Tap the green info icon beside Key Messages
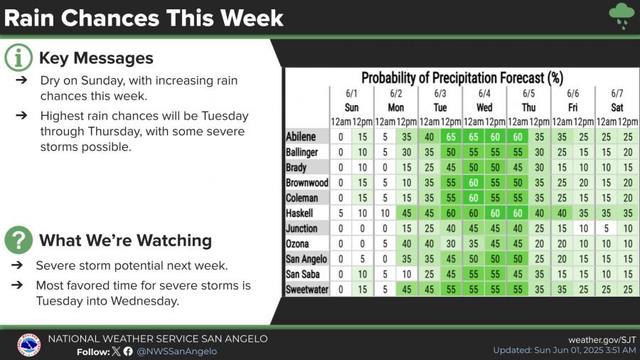point(18,58)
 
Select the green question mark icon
point(18,240)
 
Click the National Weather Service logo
point(28,345)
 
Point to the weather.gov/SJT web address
point(601,339)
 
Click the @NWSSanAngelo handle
point(177,351)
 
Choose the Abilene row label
point(302,137)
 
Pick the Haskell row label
point(300,213)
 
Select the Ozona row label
point(299,244)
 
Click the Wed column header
point(484,107)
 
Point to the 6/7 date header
point(617,94)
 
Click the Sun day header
point(351,107)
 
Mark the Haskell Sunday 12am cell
point(341,213)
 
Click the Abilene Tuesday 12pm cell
point(451,137)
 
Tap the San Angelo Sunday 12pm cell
point(363,260)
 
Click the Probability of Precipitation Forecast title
point(462,78)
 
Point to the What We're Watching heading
point(125,240)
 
